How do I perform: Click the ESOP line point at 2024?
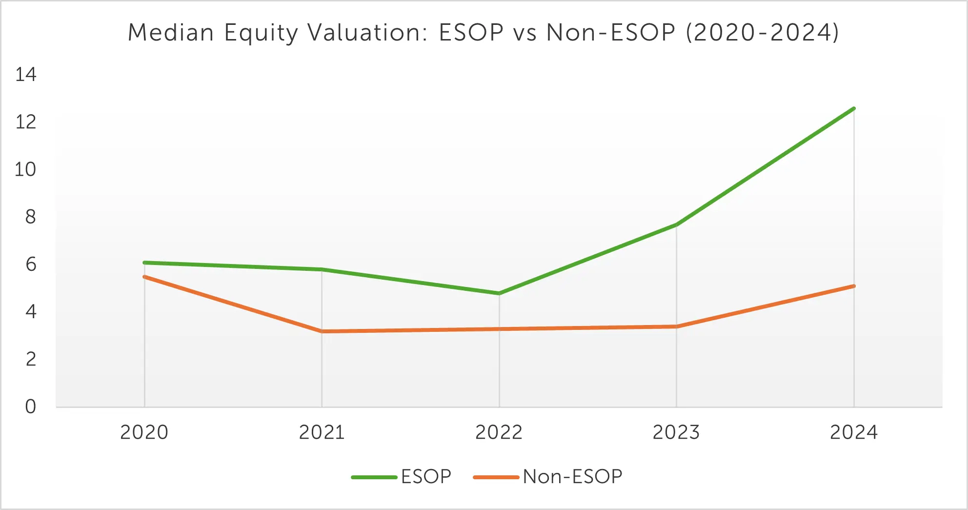click(x=854, y=108)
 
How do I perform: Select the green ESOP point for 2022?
click(x=499, y=293)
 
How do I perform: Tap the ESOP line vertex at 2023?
click(x=676, y=224)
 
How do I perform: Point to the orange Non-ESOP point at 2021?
click(x=322, y=331)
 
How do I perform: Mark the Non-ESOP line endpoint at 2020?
click(x=144, y=277)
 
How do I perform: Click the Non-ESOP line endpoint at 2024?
click(x=854, y=286)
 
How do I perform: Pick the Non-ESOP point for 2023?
click(x=676, y=326)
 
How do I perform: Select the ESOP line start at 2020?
click(x=144, y=263)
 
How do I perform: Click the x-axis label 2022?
click(x=499, y=432)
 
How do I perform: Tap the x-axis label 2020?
click(x=144, y=432)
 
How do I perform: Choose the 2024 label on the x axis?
click(x=853, y=432)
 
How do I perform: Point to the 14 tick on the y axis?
click(x=26, y=75)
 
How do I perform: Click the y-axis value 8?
click(x=30, y=217)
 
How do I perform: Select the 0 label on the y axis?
click(x=30, y=407)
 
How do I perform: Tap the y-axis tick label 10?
click(x=25, y=169)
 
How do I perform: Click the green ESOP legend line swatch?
click(x=374, y=477)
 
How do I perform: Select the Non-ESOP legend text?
click(x=572, y=477)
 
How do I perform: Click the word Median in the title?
click(x=171, y=33)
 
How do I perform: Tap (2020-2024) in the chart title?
click(x=762, y=33)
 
